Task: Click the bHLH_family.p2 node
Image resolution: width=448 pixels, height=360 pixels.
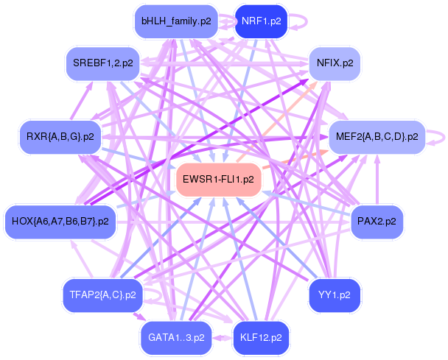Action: (x=176, y=21)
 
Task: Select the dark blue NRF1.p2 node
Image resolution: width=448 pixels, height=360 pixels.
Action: (x=260, y=21)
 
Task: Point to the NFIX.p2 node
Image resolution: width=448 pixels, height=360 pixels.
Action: (x=335, y=63)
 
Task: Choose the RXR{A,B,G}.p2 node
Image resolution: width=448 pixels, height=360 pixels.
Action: (x=60, y=136)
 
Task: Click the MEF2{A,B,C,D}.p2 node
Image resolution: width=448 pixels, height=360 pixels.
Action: (x=377, y=136)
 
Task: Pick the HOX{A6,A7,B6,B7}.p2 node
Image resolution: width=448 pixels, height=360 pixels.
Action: (x=60, y=220)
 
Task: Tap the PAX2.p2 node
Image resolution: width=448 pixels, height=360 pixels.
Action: (x=376, y=220)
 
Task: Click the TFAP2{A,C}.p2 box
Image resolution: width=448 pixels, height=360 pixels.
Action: (x=102, y=294)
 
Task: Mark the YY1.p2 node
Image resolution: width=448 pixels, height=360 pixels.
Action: (x=334, y=294)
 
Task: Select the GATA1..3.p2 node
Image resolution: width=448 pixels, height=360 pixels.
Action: (x=175, y=337)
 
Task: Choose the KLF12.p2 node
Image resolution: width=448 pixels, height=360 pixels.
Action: (x=260, y=337)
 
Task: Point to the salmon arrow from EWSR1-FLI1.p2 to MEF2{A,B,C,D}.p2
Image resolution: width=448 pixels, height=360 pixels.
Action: (x=295, y=158)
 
